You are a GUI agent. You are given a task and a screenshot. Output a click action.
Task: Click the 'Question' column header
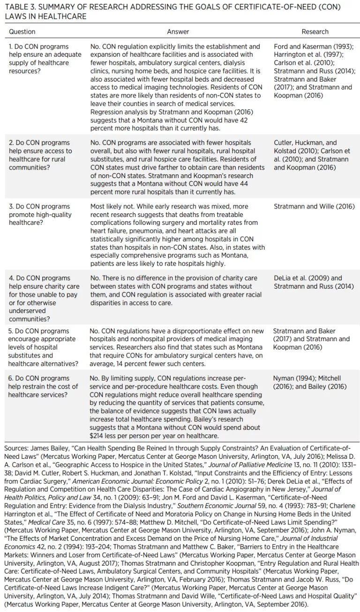(x=22, y=32)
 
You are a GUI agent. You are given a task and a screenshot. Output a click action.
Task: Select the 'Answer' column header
(x=178, y=32)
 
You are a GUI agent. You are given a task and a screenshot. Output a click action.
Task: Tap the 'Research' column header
(x=315, y=32)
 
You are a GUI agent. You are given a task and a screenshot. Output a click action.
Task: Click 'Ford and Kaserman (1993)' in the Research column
(x=314, y=47)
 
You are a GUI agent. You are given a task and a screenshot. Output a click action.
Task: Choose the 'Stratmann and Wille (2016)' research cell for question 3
(x=314, y=207)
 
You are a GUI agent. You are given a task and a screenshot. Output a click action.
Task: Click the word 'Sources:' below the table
(x=16, y=448)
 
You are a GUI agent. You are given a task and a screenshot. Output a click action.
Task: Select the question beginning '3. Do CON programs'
(x=40, y=215)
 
